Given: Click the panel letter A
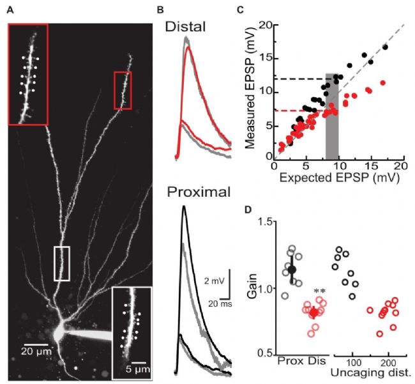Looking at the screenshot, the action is pos(10,10).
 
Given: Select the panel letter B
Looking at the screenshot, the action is pos(160,10).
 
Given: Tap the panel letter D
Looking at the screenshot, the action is pos(248,210).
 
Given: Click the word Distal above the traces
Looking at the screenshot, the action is pos(185,27).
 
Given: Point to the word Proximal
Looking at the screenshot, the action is pos(199,192).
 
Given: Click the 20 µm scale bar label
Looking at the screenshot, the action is pos(36,351).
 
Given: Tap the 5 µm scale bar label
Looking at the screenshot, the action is pos(138,369).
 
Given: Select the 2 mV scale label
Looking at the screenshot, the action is pos(214,280).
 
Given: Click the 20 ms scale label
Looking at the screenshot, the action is pos(220,303).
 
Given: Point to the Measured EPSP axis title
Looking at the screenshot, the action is pos(249,88).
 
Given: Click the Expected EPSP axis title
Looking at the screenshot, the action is pos(339,178).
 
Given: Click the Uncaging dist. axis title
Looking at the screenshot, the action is pos(370,372).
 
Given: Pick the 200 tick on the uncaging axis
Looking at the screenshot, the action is pos(388,362).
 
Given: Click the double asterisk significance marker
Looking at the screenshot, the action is pos(319,291).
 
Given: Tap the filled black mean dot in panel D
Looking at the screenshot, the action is pos(292,270).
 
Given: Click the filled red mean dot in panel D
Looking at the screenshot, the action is pos(314,313).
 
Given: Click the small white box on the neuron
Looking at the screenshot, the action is pos(62,263).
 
